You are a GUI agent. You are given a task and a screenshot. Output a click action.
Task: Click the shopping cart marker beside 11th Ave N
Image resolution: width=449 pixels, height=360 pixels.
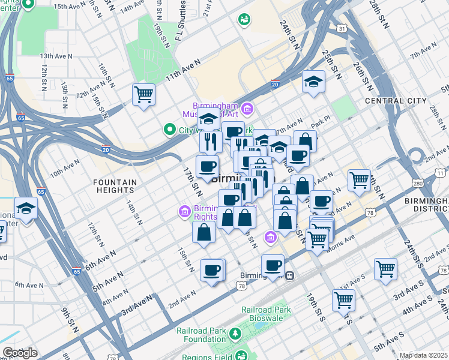144,95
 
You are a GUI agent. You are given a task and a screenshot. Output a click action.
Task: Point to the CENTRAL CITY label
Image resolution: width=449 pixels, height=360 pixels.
396,101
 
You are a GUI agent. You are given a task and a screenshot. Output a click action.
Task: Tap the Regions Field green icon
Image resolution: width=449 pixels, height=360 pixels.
241,356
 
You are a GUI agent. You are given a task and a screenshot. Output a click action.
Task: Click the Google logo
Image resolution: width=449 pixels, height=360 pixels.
20,353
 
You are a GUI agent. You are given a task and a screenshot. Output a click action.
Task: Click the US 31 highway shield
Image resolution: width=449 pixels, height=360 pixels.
342,28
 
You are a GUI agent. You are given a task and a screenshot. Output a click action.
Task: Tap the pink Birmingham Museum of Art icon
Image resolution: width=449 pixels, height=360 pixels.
249,110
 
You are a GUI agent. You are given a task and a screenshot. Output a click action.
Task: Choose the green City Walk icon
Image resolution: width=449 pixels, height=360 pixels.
169,129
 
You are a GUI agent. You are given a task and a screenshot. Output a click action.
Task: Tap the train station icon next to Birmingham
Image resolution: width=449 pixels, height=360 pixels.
290,276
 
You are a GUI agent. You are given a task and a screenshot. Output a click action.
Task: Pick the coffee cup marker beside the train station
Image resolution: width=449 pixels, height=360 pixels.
273,265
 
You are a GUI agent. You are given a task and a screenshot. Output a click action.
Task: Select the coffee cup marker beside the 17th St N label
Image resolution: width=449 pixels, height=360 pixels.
207,167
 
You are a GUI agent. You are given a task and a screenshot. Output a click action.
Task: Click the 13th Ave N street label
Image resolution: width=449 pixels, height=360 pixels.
56,56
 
